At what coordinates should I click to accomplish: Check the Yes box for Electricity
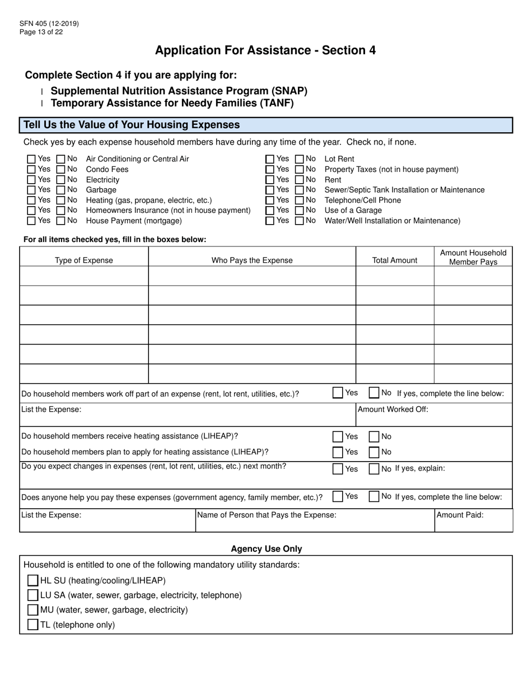(32, 180)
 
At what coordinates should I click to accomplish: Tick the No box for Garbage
(61, 190)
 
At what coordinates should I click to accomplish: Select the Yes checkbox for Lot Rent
(270, 159)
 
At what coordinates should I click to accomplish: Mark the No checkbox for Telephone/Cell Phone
(300, 200)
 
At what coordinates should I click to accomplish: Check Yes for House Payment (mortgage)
(32, 221)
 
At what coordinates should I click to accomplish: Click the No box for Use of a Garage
(300, 211)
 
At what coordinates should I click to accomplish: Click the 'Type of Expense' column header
(84, 260)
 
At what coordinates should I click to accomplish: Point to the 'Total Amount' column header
(395, 260)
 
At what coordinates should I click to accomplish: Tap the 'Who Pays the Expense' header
(252, 260)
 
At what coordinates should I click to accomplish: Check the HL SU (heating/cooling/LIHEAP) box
(33, 580)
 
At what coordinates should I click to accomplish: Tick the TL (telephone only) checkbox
(33, 625)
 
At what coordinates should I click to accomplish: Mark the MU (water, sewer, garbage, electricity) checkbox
(33, 609)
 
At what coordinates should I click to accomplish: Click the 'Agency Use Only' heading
(266, 549)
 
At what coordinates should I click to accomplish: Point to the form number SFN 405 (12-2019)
(49, 24)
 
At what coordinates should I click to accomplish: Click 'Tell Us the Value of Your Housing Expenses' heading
(132, 125)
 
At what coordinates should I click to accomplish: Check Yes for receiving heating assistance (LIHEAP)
(338, 436)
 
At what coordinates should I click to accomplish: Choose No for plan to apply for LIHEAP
(374, 452)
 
